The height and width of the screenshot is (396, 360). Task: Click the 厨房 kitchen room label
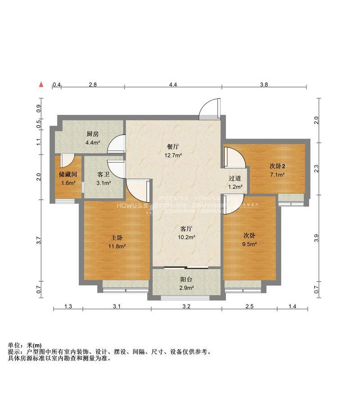click(x=93, y=134)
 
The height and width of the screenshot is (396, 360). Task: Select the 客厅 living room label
click(x=185, y=228)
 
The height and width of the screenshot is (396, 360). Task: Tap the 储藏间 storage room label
click(x=68, y=174)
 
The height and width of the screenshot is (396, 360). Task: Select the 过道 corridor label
click(x=235, y=178)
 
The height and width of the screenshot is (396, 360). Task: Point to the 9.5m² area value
click(x=250, y=245)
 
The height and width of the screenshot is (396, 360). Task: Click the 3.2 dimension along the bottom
click(x=186, y=307)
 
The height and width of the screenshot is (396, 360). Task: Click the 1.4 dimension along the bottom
click(x=292, y=307)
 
